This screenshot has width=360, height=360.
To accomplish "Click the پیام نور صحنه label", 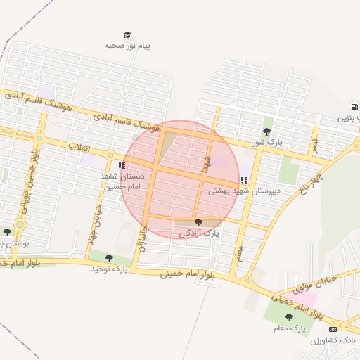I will tap(128, 45).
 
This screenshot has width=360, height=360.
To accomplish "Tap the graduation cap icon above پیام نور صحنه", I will tap(127, 35).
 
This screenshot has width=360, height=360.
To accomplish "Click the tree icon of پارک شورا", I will tap(267, 131).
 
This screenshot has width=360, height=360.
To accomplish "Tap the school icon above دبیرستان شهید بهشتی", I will tap(243, 180).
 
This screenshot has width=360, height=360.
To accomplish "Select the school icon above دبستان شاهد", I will tap(122, 166).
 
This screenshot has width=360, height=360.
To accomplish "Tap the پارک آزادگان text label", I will tap(199, 233).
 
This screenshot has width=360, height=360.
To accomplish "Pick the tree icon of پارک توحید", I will tap(108, 258).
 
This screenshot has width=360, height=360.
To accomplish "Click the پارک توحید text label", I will tap(108, 269).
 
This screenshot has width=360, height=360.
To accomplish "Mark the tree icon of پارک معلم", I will tap(289, 318).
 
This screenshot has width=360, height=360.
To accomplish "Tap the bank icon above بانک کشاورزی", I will tap(333, 329).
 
